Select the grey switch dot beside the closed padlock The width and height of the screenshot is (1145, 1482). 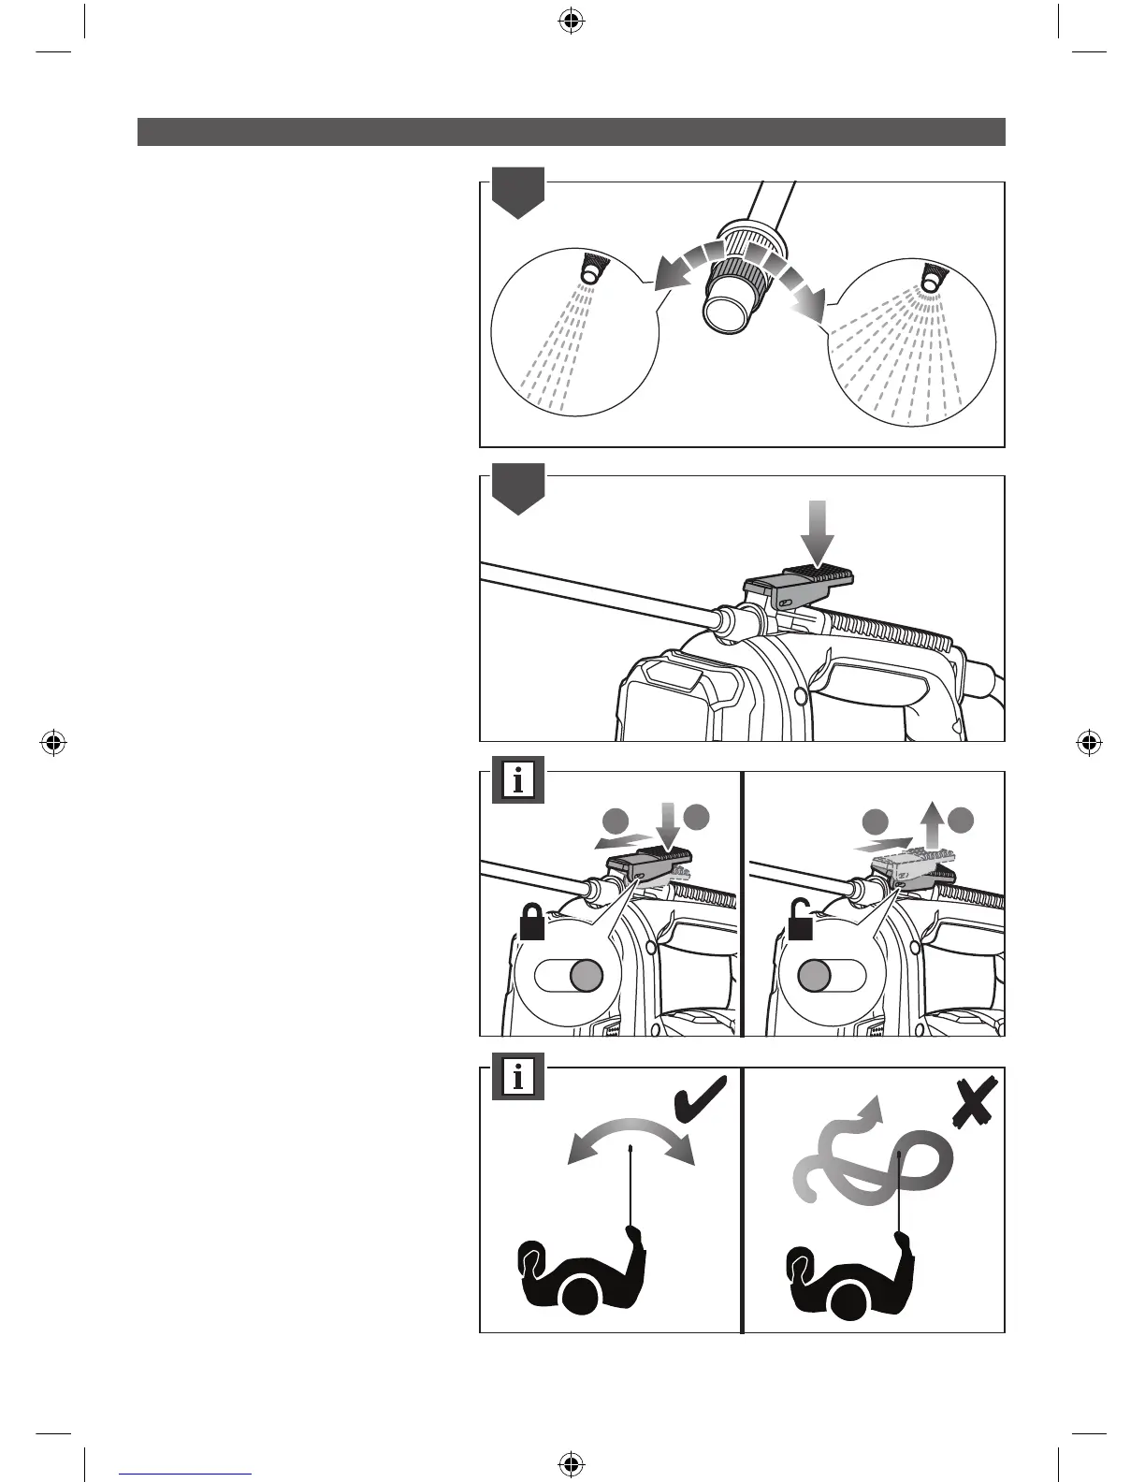[x=586, y=976]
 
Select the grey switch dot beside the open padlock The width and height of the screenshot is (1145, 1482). [x=814, y=976]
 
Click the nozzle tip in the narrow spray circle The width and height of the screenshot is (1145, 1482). [x=592, y=274]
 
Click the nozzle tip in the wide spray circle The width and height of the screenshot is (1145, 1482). [x=931, y=279]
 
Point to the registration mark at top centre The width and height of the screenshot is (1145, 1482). [x=571, y=21]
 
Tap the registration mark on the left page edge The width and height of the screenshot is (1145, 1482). [x=53, y=744]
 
